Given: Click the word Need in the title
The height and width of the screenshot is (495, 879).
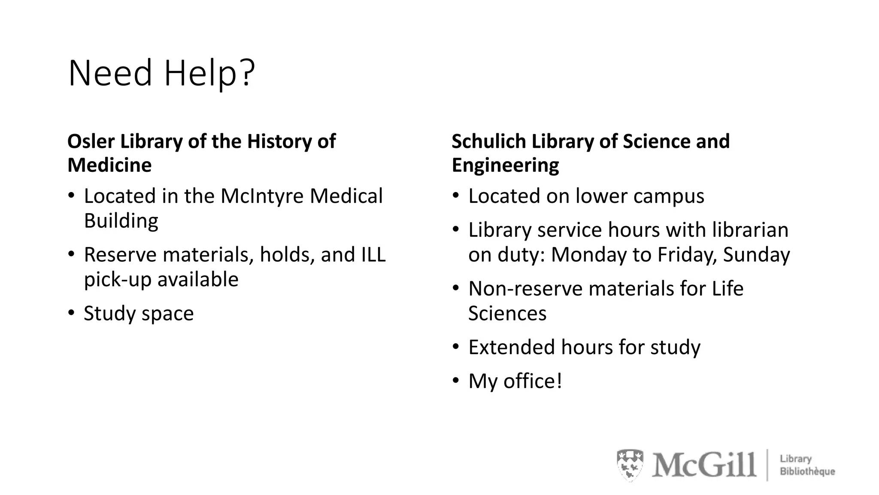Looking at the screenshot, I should tap(110, 73).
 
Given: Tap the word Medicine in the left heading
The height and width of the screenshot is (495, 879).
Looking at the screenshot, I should tap(109, 165).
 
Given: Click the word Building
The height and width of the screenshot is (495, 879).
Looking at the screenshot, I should tap(121, 221).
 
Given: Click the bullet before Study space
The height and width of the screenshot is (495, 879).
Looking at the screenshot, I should tap(72, 312).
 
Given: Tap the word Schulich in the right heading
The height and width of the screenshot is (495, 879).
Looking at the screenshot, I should tap(489, 141).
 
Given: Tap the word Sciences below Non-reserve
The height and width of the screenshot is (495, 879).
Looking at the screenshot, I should tap(507, 313).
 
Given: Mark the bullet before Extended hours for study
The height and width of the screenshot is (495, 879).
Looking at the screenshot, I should tap(456, 346).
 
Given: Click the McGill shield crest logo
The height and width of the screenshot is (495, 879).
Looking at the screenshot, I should tap(630, 465).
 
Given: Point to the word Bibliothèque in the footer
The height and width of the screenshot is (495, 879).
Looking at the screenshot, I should tap(807, 472).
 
